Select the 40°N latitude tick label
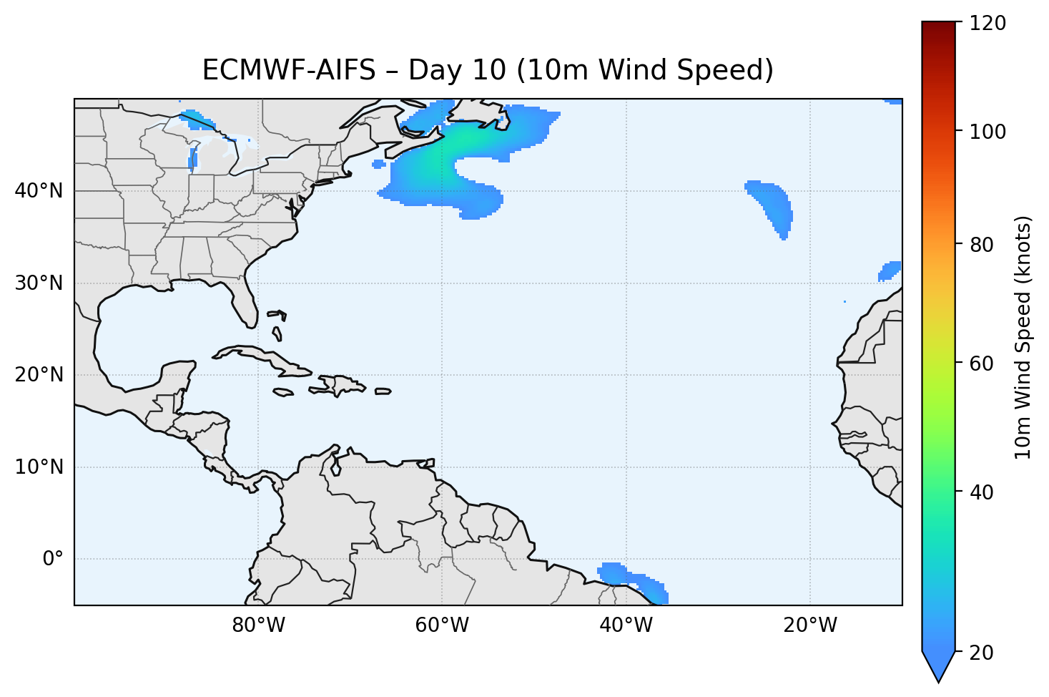coord(39,191)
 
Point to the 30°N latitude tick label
coord(39,283)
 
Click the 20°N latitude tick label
coord(39,375)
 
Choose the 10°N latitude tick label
coord(39,467)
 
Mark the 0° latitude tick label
coord(53,559)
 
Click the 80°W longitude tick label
coord(259,625)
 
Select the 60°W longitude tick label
coord(442,625)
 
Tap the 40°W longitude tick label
coord(626,625)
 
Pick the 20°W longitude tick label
coord(809,625)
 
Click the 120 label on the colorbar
coord(988,24)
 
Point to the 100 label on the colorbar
coord(988,132)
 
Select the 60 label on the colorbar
coord(983,364)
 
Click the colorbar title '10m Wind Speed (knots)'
coord(1023,338)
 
